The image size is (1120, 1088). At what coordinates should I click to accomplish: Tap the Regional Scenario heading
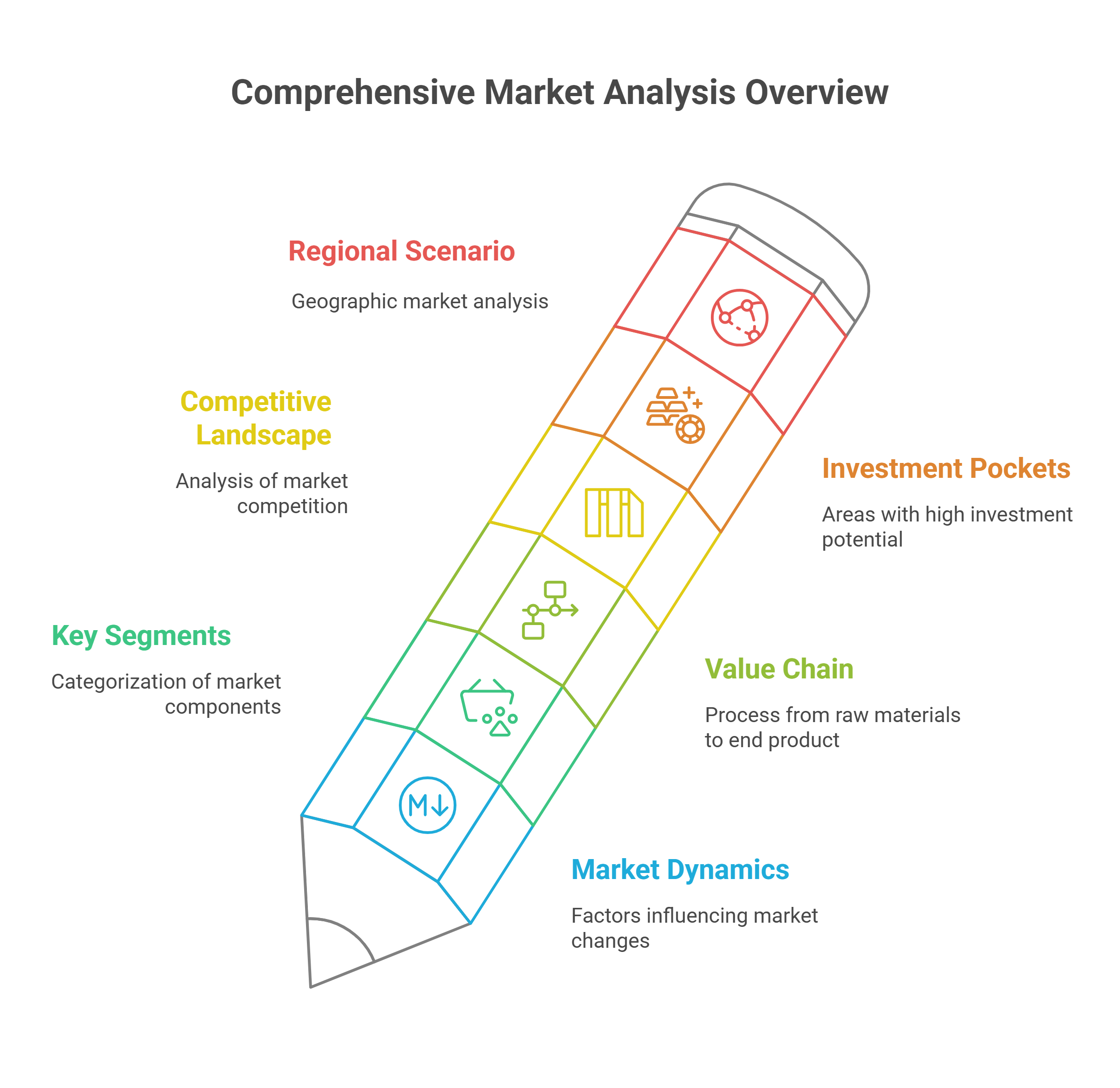(x=401, y=251)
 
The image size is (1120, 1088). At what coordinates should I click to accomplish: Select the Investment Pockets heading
(x=946, y=469)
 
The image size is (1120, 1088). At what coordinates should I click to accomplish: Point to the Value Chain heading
(x=779, y=669)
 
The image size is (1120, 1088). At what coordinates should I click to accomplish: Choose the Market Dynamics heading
(x=680, y=870)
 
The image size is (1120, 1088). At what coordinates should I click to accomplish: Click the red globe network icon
(x=739, y=318)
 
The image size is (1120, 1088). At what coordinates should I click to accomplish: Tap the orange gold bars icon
(x=676, y=415)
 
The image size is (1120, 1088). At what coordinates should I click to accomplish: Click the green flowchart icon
(x=550, y=610)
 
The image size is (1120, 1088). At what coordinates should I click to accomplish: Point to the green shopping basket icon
(x=489, y=707)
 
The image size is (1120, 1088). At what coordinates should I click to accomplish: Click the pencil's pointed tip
(x=310, y=987)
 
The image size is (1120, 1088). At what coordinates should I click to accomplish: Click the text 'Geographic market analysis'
(x=420, y=302)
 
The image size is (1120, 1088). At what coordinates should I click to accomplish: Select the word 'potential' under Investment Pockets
(x=862, y=540)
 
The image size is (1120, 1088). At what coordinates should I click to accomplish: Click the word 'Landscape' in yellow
(x=263, y=436)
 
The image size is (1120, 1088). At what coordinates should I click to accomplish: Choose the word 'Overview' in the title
(x=817, y=92)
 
